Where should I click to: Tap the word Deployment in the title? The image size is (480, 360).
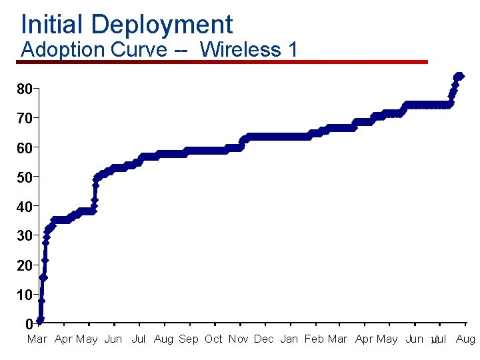[163, 25]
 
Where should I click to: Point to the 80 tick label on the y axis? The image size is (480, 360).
[25, 89]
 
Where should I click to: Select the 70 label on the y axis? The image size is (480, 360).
[25, 118]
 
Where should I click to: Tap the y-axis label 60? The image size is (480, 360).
[25, 147]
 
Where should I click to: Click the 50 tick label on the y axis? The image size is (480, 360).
[25, 177]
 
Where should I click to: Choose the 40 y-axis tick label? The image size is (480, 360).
[25, 207]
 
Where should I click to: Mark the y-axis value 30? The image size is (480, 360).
[25, 236]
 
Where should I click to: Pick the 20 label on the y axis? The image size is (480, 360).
[25, 265]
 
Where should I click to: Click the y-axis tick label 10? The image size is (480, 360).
[25, 295]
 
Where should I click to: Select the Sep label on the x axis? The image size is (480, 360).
[189, 339]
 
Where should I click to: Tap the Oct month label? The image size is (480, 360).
[213, 339]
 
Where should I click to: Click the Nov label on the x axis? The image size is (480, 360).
[238, 339]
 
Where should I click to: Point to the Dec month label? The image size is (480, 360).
[264, 339]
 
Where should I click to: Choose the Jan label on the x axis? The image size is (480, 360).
[289, 339]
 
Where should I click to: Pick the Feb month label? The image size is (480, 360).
[314, 339]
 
